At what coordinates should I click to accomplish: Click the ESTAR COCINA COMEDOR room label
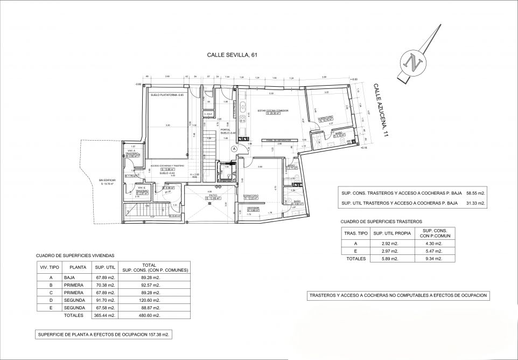click(272, 110)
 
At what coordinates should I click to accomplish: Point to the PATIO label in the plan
click(209, 196)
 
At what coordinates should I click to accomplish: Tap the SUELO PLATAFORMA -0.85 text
click(167, 94)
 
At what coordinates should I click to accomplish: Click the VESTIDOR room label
click(254, 207)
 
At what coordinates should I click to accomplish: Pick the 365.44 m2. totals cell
click(106, 315)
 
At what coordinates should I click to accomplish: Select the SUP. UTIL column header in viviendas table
click(106, 266)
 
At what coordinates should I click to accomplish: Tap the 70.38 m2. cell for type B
click(106, 285)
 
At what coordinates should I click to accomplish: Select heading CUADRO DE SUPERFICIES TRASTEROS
click(381, 221)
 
